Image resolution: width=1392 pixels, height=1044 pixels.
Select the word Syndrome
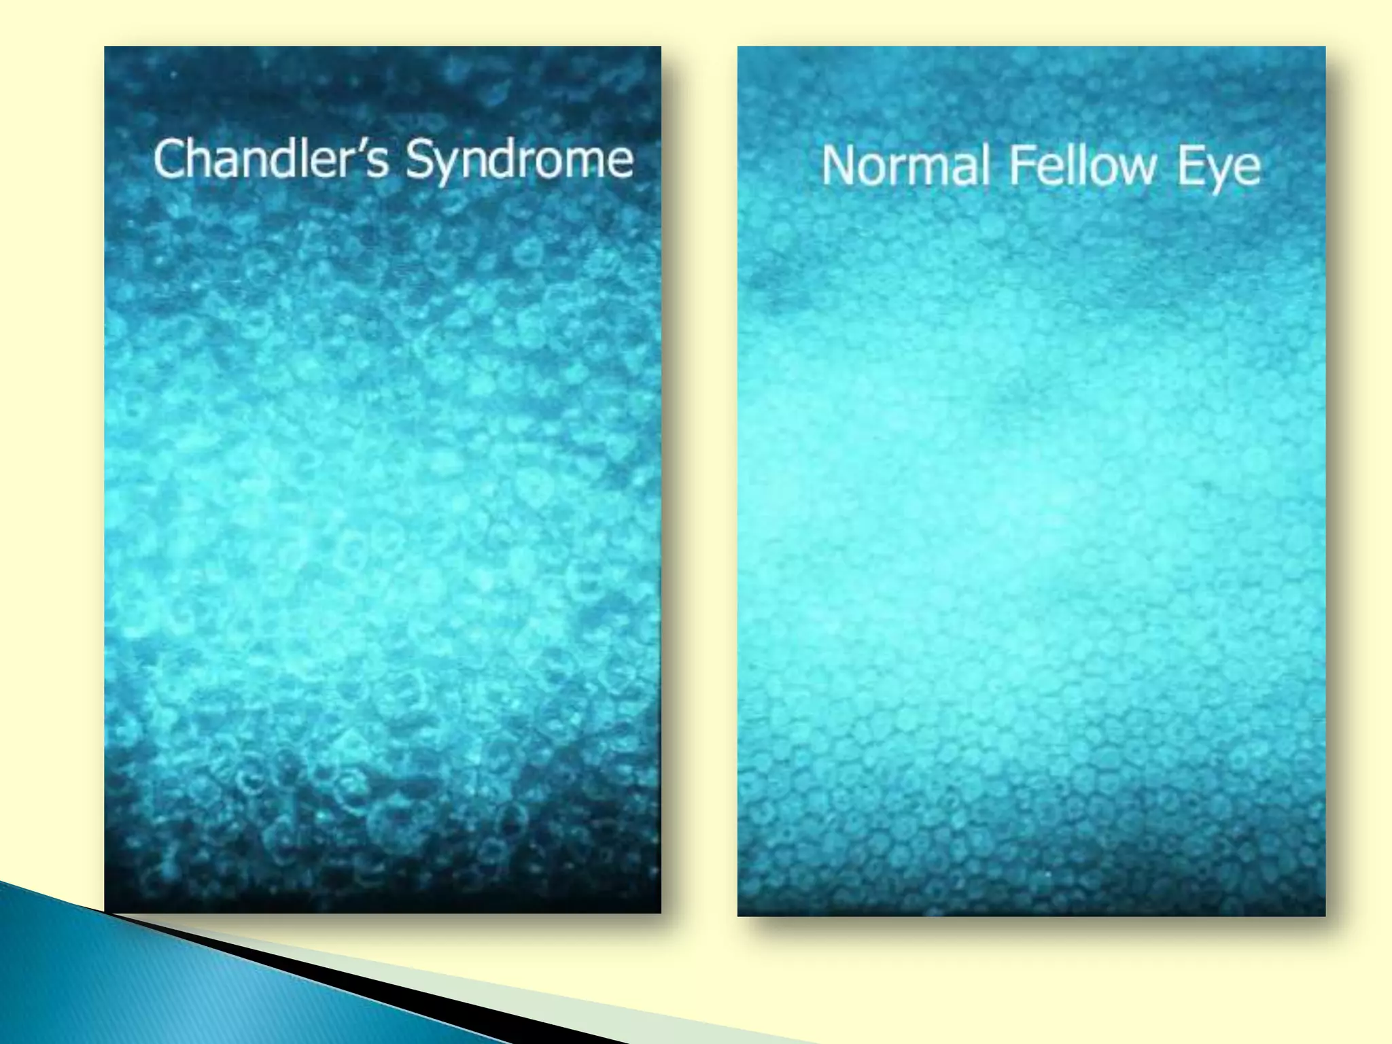(x=520, y=161)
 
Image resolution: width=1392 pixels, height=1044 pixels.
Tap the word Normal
(x=905, y=166)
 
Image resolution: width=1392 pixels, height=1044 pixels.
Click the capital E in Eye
(x=1190, y=166)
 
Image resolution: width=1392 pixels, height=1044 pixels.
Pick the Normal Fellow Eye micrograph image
(x=1031, y=544)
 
